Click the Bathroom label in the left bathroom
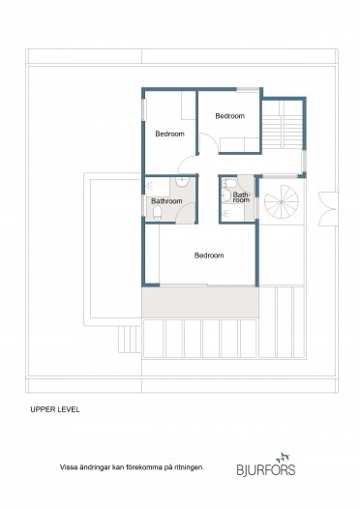166,201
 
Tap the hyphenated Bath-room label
241,197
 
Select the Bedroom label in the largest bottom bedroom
209,255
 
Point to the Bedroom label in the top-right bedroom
229,116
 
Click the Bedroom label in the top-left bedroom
169,134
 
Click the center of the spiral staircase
281,202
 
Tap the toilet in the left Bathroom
157,213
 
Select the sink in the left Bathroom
183,182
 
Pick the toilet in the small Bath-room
229,184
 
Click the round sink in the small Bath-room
226,195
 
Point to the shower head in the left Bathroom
149,186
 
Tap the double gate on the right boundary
328,209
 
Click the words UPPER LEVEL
55,409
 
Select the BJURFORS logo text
266,469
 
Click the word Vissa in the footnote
68,467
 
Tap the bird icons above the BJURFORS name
283,458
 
